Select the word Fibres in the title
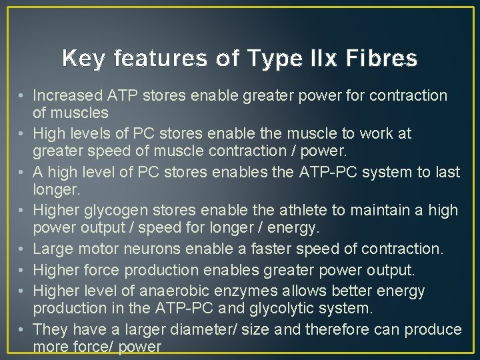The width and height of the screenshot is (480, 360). [383, 59]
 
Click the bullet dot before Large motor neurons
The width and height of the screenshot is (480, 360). [23, 249]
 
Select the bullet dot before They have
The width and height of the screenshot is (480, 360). [23, 329]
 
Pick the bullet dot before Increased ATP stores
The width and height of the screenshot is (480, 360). [23, 96]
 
